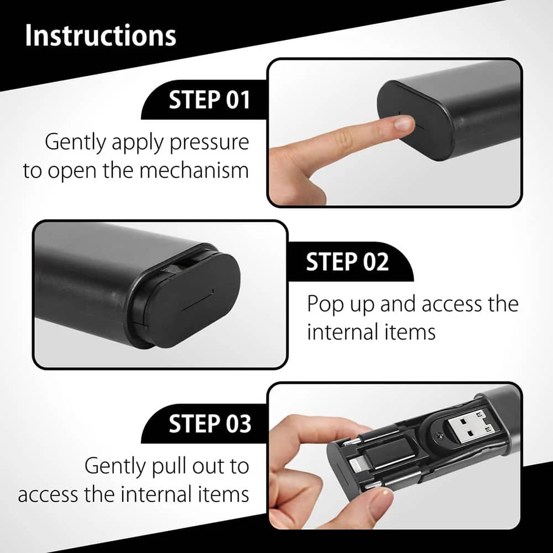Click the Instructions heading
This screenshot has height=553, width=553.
point(101,35)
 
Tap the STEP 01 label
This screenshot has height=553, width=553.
point(210,100)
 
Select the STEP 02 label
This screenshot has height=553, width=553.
point(347,262)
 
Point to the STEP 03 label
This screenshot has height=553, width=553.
point(210,424)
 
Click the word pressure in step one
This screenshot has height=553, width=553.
point(209,143)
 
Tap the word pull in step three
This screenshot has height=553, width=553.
point(169,467)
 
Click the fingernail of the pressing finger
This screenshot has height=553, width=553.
point(404,123)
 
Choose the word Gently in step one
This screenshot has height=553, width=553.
point(75,143)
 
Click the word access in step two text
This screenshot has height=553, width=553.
point(451,305)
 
